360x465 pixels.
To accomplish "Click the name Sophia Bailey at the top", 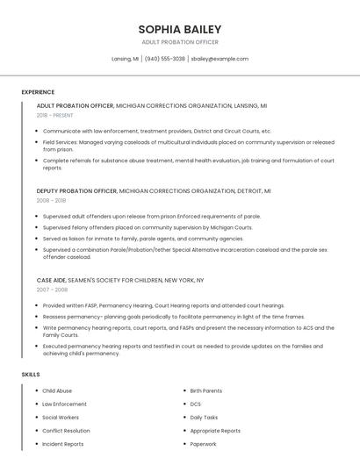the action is click(180, 29).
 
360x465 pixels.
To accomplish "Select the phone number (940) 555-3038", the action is click(165, 59).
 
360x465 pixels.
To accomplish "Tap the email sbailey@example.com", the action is click(220, 59).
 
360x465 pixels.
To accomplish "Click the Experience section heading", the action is click(38, 92).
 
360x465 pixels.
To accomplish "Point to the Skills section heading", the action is click(31, 375).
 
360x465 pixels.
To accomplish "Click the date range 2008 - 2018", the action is click(51, 201).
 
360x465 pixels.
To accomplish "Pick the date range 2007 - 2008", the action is click(51, 289).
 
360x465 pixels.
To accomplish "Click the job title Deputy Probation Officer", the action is click(76, 190).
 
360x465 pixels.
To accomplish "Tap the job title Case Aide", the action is click(51, 279).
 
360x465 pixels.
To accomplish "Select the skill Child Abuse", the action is click(57, 390).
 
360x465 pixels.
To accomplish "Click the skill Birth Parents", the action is click(205, 390).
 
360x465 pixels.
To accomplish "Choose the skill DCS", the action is click(195, 404).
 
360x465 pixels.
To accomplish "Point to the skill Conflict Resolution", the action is click(66, 431).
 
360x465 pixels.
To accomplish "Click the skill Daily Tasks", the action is click(204, 418).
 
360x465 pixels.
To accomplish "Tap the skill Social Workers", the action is click(61, 418).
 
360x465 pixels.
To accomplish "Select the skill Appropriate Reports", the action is click(215, 431).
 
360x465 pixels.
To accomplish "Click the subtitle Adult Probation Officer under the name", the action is click(180, 42).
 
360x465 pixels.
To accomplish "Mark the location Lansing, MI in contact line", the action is click(125, 59).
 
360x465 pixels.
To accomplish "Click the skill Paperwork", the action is click(203, 444).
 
